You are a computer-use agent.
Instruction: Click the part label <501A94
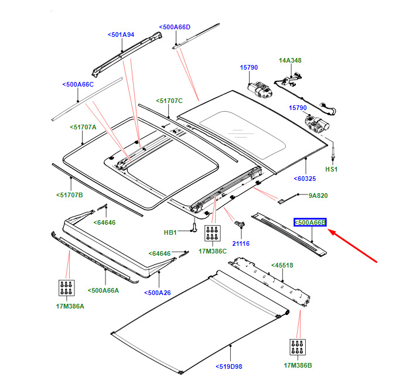[x=121, y=35]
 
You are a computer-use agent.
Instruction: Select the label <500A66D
[x=175, y=27]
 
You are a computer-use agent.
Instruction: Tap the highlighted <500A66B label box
[x=310, y=222]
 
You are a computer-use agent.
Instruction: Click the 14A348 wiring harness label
[x=290, y=60]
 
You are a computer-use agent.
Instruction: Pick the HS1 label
[x=331, y=169]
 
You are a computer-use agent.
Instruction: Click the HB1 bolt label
[x=170, y=232]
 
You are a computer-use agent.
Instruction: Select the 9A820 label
[x=318, y=196]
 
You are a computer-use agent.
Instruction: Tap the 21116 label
[x=241, y=244]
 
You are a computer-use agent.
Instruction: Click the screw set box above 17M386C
[x=213, y=233]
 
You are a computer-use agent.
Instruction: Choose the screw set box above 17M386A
[x=67, y=288]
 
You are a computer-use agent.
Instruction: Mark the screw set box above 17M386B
[x=298, y=347]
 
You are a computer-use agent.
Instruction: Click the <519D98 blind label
[x=229, y=366]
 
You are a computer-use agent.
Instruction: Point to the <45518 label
[x=282, y=265]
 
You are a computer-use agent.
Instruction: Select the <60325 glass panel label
[x=305, y=179]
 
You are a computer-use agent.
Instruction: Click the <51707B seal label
[x=70, y=195]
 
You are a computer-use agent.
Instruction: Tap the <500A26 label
[x=158, y=293]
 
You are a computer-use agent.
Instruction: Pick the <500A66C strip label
[x=78, y=84]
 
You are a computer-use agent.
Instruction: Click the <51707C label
[x=169, y=101]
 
